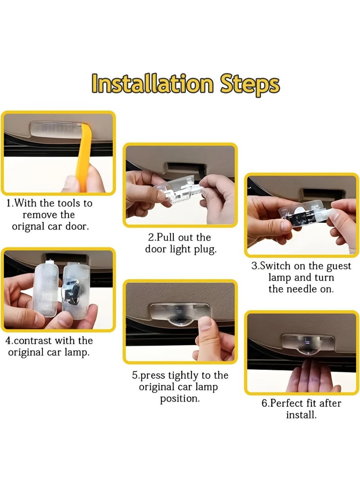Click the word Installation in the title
tap(153, 83)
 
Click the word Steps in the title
tap(249, 85)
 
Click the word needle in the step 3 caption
tap(301, 289)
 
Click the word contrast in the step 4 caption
tap(34, 341)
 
